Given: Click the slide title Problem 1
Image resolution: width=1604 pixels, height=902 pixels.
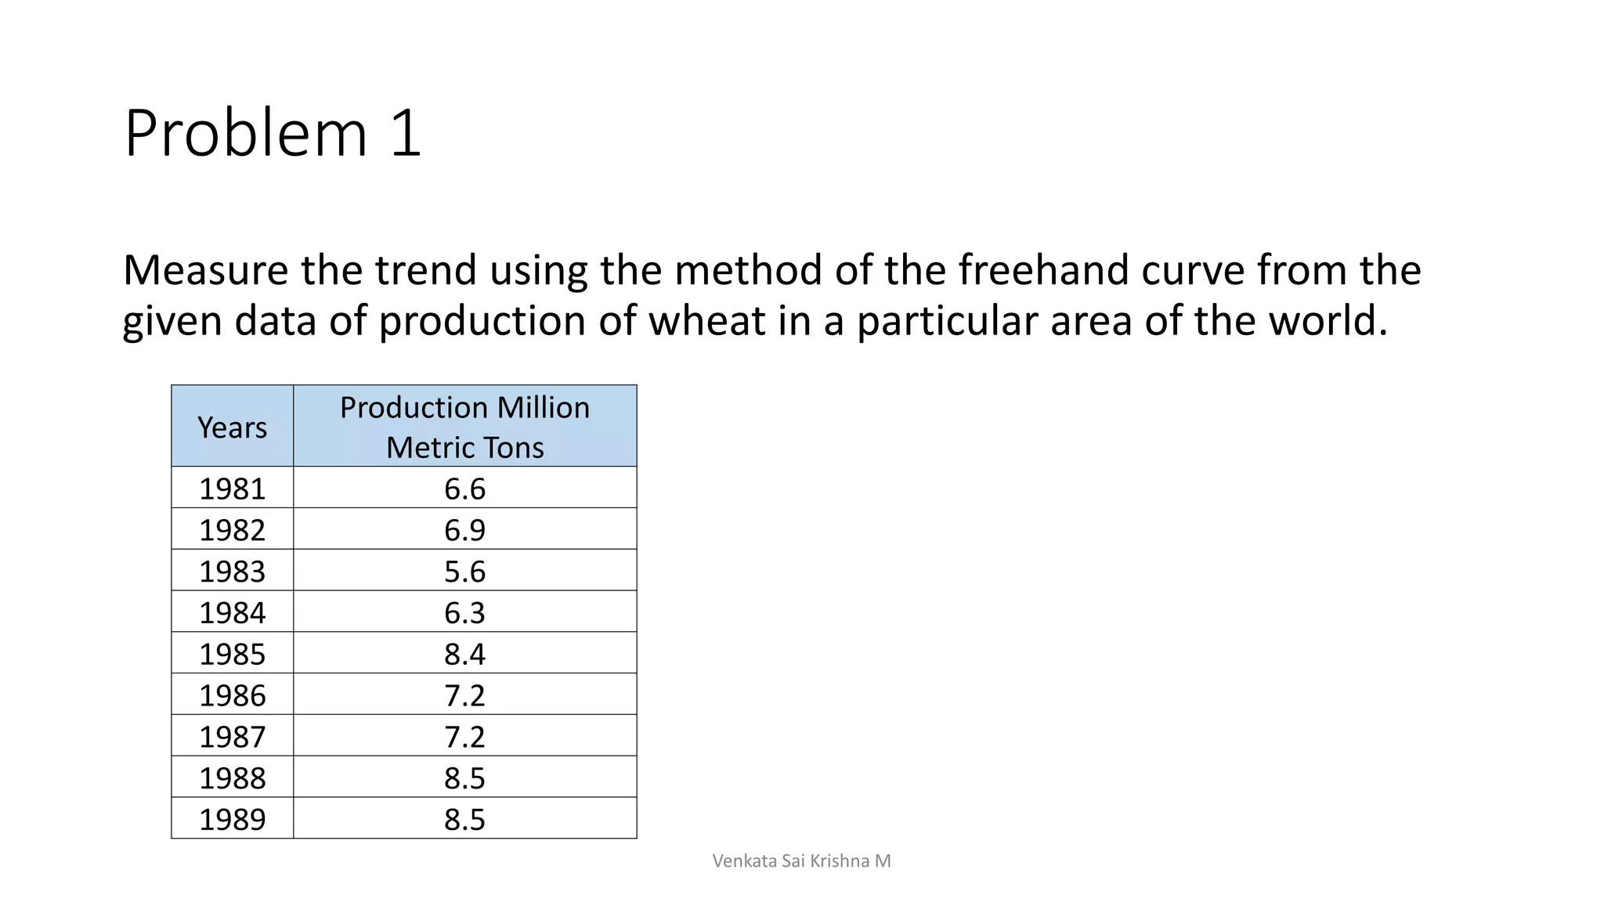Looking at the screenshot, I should [x=273, y=134].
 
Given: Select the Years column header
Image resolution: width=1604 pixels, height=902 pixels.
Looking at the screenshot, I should [x=232, y=428].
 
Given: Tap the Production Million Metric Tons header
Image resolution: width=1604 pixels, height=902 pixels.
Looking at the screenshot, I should [x=464, y=428].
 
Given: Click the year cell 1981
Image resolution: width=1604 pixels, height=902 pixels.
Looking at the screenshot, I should [x=232, y=489].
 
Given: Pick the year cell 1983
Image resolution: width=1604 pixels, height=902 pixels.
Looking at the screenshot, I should [x=232, y=572].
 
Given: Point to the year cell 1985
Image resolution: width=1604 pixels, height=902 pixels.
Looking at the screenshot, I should [x=232, y=654].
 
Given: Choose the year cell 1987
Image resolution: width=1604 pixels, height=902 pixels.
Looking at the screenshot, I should [x=232, y=737].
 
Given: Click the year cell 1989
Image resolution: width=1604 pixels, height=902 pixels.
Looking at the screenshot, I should [x=232, y=819].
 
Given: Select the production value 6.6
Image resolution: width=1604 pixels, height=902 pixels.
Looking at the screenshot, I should [x=464, y=489].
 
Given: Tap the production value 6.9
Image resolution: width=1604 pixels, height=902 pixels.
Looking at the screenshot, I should [x=464, y=530].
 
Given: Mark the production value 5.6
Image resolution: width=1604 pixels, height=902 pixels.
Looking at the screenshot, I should [x=464, y=572].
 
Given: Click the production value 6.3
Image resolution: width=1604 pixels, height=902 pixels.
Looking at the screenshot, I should [x=464, y=612].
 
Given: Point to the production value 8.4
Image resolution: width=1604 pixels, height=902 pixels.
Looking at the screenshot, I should [x=464, y=654].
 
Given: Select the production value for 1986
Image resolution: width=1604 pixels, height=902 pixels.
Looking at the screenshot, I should [x=464, y=695].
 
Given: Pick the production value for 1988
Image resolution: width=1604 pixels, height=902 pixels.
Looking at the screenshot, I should [x=464, y=778].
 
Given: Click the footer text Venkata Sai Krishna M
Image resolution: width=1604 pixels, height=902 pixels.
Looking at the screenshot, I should [x=801, y=861].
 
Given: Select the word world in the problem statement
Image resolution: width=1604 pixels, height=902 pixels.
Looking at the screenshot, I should [x=1328, y=321].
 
